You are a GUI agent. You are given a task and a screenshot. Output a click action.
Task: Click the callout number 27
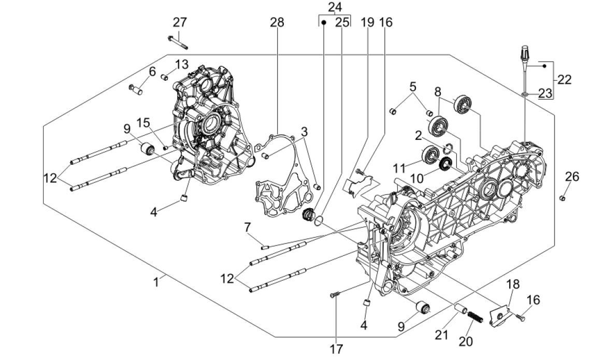coord(180,22)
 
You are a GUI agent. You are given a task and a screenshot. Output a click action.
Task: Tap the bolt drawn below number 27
coord(177,41)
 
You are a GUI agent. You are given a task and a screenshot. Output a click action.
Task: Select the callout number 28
coord(277,22)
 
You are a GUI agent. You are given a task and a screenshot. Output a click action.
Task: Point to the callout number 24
coord(335,7)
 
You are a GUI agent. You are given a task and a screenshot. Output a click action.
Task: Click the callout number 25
coord(342,22)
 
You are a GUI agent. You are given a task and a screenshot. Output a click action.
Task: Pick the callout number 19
coord(367,22)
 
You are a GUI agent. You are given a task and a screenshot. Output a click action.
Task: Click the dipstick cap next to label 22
coord(524,53)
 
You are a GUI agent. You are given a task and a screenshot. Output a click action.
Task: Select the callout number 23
coord(545,93)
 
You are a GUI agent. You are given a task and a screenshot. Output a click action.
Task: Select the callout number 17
coord(336,348)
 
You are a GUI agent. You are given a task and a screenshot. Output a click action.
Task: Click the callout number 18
coord(513,284)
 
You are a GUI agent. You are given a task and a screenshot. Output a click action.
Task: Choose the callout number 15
coord(143,123)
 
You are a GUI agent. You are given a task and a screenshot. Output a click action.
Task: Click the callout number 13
coord(181,64)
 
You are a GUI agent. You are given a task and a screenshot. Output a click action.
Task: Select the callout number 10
coord(417,178)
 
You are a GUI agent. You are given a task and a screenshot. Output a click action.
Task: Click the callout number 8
coord(438,92)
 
